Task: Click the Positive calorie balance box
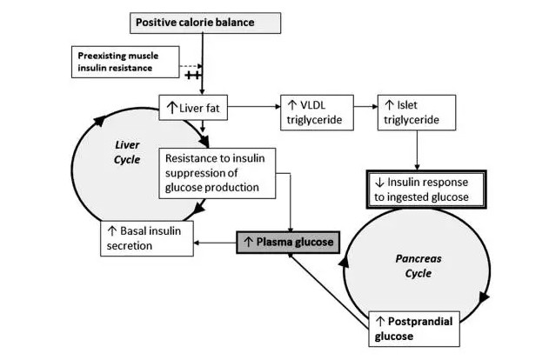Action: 206,21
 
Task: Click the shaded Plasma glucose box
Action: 286,241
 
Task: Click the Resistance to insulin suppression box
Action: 217,171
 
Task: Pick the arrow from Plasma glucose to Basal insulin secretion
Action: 215,242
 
